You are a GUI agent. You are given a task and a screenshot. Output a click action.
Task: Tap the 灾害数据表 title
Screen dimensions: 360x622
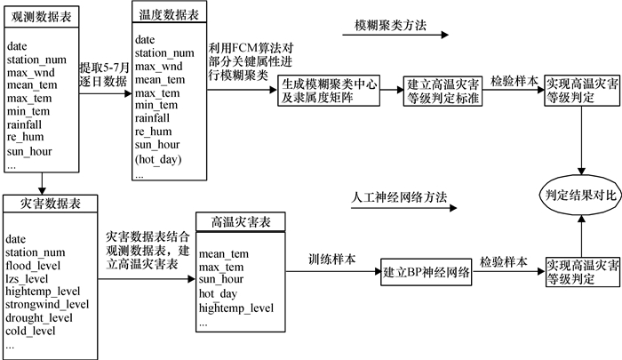click(45, 204)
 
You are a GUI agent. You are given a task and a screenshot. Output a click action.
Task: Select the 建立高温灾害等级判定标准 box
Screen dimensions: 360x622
click(443, 91)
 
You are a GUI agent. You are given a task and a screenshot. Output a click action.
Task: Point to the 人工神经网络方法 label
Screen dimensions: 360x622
click(394, 196)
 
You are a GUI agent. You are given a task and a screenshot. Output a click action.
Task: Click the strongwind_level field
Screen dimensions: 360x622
click(48, 303)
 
